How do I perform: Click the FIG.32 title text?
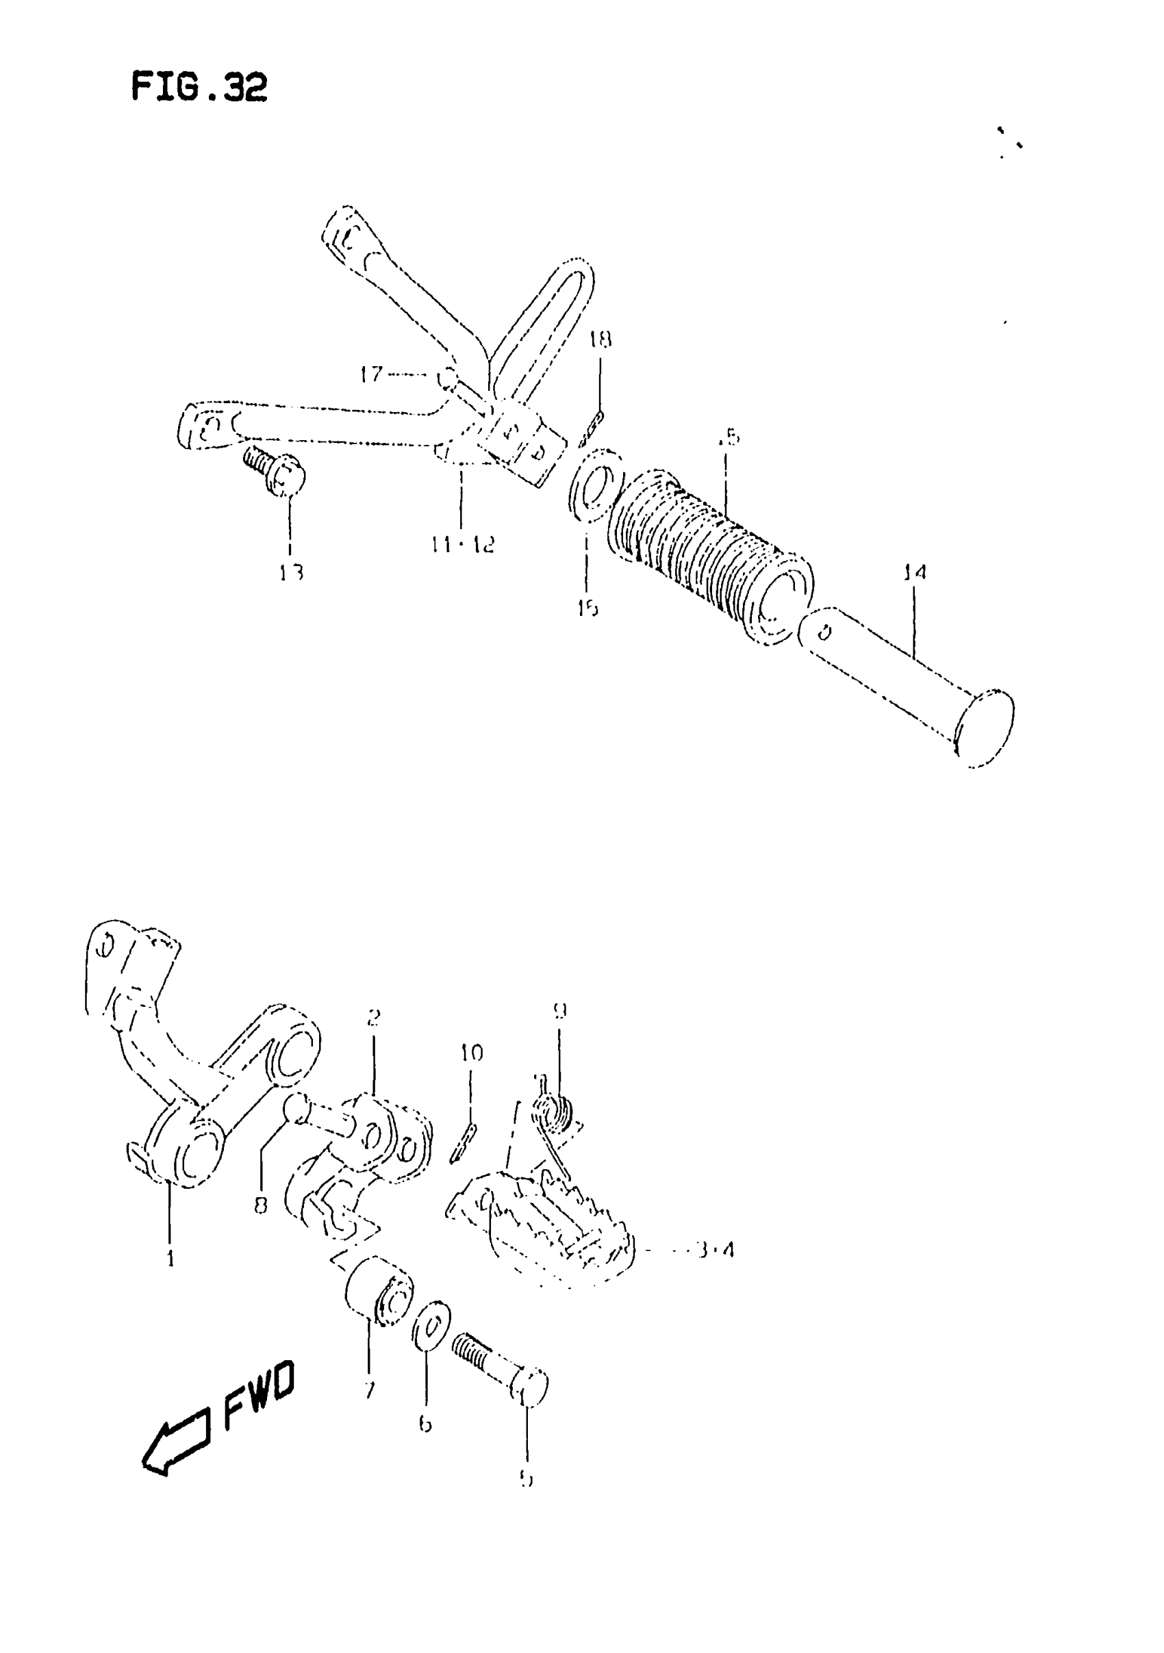pyautogui.click(x=199, y=87)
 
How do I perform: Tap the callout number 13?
pyautogui.click(x=292, y=572)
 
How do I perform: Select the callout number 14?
pyautogui.click(x=914, y=572)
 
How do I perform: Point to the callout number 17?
pyautogui.click(x=372, y=374)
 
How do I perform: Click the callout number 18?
pyautogui.click(x=600, y=339)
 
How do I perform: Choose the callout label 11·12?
pyautogui.click(x=463, y=544)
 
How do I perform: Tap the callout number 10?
pyautogui.click(x=472, y=1053)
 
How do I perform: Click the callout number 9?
pyautogui.click(x=559, y=1011)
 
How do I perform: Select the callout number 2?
pyautogui.click(x=373, y=1017)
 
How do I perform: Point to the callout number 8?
pyautogui.click(x=261, y=1205)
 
